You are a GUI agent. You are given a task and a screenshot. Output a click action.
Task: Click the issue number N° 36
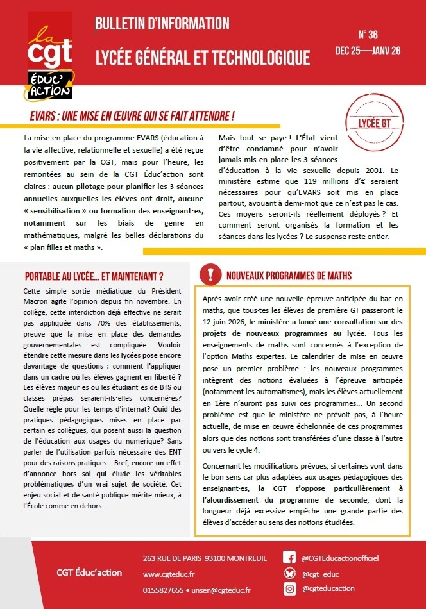point(368,35)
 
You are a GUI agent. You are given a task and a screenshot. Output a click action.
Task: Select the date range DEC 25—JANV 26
point(368,51)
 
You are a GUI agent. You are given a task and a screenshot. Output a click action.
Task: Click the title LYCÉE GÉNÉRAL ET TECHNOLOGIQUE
point(202,58)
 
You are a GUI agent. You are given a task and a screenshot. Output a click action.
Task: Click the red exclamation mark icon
point(210,274)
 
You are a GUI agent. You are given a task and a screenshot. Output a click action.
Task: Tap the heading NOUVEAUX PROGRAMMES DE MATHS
point(289,276)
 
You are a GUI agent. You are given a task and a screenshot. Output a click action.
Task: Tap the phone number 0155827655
point(163,589)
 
